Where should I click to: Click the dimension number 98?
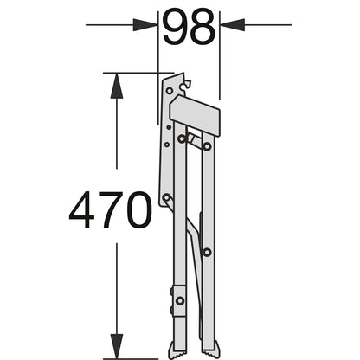189,27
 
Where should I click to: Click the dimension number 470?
110,210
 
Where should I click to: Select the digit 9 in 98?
176,27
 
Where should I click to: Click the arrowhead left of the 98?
145,25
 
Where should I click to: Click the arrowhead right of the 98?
232,25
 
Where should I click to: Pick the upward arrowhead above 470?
117,86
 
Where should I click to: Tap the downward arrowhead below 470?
117,346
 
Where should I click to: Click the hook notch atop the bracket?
186,86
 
